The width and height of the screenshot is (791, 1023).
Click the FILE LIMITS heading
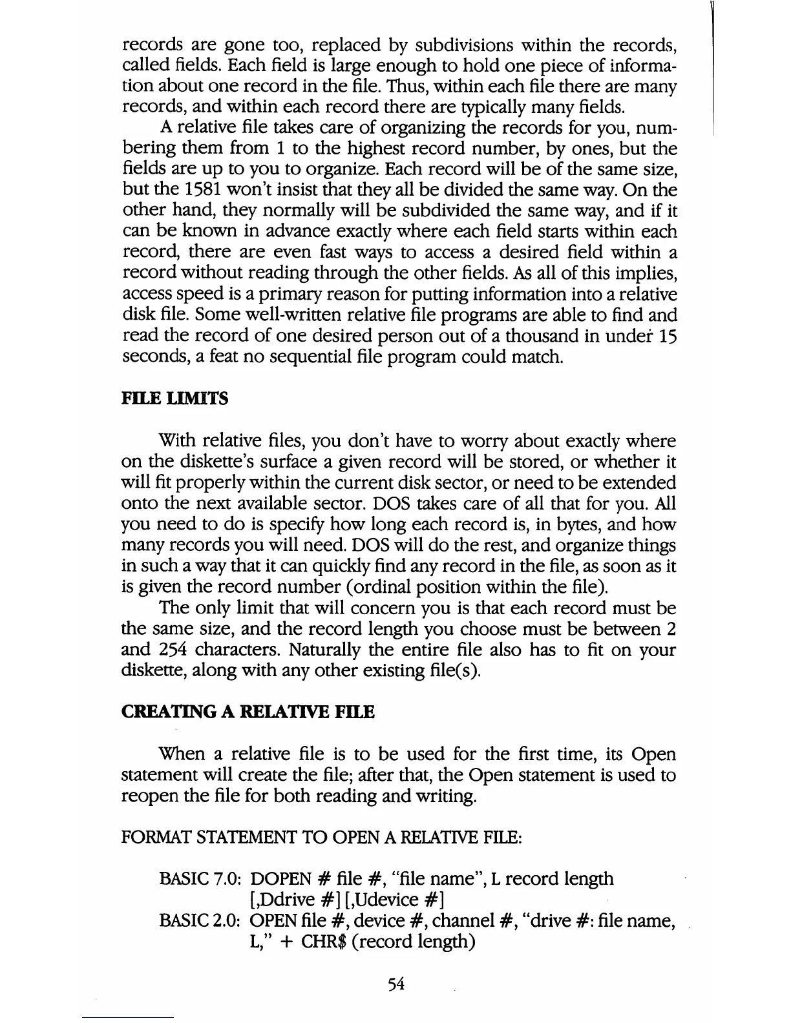coord(174,399)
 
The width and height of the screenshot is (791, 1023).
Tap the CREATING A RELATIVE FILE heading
coord(248,712)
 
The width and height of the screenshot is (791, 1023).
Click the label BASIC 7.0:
coord(200,879)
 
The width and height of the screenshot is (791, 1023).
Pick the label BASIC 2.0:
coord(200,921)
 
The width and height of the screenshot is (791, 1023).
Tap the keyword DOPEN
coord(280,879)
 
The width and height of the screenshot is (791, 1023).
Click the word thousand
coord(489,336)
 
